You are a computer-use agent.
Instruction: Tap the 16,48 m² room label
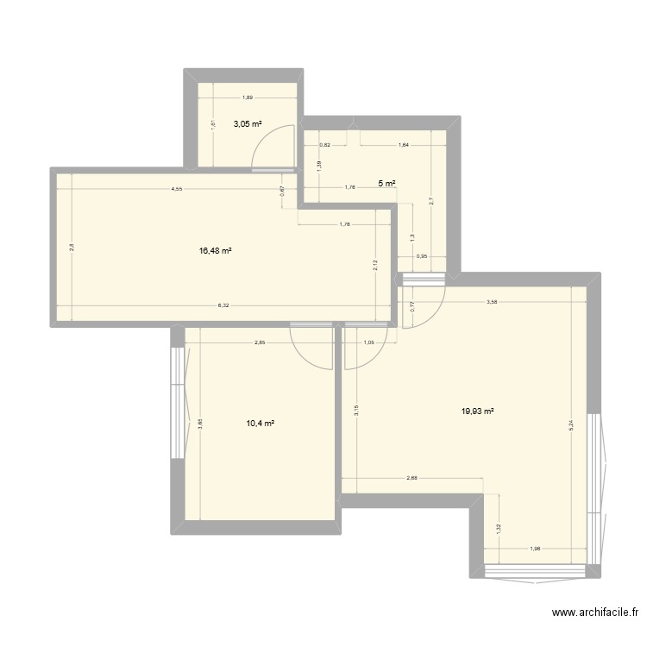[216, 251]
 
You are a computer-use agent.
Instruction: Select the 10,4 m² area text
[260, 423]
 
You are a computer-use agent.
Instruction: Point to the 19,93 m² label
[478, 411]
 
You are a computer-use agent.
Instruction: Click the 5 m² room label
[386, 183]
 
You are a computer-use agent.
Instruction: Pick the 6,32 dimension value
[223, 305]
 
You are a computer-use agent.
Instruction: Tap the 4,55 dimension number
[176, 189]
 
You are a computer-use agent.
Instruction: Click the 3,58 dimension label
[492, 302]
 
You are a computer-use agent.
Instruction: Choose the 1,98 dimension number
[535, 550]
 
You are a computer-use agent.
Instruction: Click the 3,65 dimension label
[199, 424]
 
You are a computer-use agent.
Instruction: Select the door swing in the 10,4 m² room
[312, 345]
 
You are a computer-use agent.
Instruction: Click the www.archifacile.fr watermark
[594, 613]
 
